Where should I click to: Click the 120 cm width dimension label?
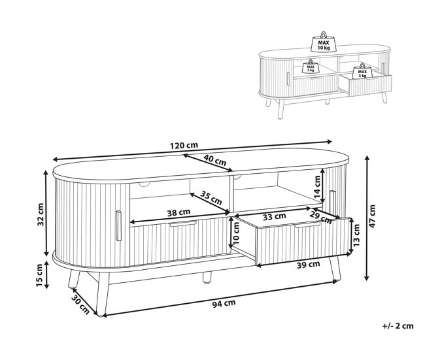184,145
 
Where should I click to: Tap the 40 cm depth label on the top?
214,160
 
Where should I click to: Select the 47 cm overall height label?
372,216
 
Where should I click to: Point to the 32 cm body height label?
41,214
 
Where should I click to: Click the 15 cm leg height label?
39,275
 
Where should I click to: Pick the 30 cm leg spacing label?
80,304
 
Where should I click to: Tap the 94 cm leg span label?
224,303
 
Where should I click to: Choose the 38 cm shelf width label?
178,212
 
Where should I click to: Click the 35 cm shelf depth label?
211,198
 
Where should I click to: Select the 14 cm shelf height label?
317,187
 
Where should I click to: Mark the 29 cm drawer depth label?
320,217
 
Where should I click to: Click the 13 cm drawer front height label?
356,235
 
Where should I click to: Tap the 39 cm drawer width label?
309,265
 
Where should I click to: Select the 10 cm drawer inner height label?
236,233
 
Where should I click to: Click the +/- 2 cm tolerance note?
398,325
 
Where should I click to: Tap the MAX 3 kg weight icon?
362,71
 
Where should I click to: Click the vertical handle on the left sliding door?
118,225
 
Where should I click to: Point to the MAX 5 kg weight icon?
311,66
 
